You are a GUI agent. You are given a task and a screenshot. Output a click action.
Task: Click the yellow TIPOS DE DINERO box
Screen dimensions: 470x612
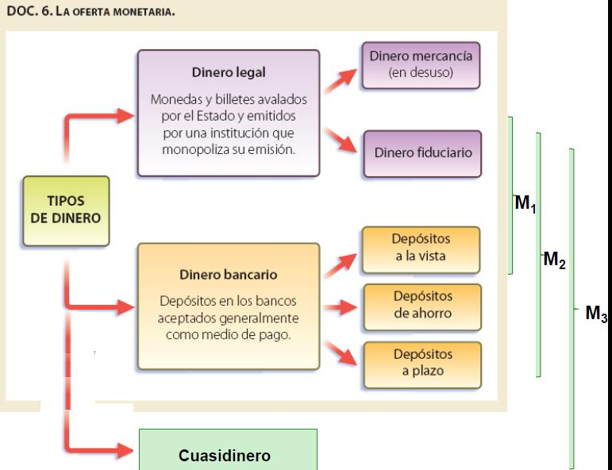pos(66,210)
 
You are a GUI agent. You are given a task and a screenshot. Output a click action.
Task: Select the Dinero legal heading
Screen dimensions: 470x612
pos(229,72)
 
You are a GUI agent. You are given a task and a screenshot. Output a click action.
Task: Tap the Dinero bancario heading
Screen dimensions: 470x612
pos(229,275)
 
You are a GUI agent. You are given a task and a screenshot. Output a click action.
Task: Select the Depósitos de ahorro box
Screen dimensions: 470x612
pos(422,304)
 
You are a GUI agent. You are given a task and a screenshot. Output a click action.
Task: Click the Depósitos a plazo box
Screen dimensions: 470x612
pos(422,362)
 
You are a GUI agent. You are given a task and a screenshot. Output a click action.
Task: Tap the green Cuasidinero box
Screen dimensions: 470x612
pos(228,456)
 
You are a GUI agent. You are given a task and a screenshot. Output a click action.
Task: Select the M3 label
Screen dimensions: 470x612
pos(596,314)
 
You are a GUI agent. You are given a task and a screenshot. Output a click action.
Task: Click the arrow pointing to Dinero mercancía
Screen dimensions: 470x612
pos(343,76)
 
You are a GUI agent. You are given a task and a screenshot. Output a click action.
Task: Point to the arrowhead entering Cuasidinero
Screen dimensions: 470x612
pos(123,450)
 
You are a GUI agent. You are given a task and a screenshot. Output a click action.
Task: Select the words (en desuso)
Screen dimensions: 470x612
pos(421,72)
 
